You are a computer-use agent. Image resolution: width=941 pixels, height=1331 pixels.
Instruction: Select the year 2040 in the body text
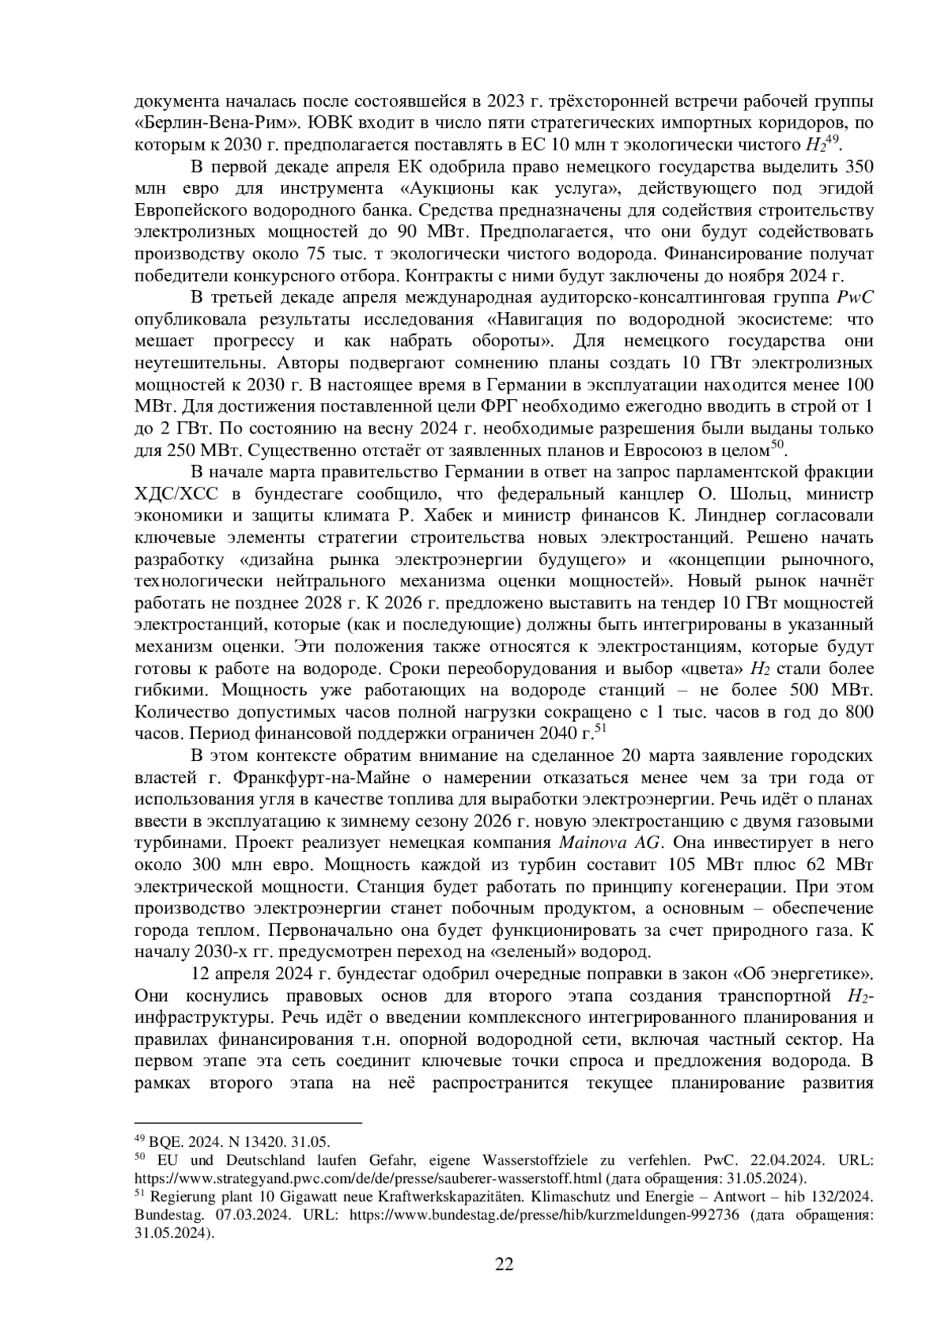555,734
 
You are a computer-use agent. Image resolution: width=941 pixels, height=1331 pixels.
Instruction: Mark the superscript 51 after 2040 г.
601,729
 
